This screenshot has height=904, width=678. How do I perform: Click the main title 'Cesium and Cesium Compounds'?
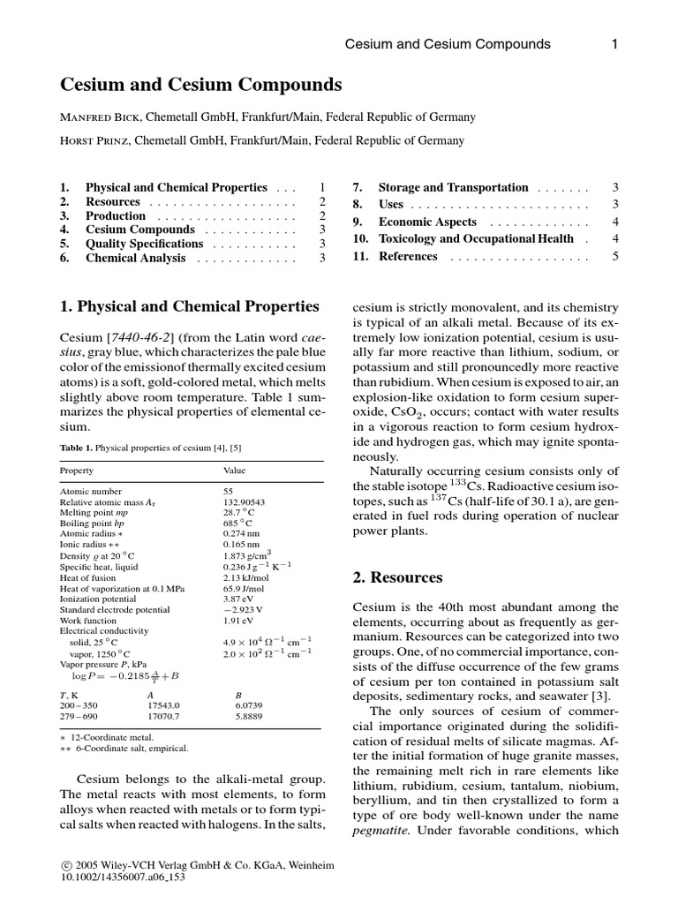200,86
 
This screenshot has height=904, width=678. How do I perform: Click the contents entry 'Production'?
115,215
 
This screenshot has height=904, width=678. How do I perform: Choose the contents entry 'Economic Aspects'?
427,222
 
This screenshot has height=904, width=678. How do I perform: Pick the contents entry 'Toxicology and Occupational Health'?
476,238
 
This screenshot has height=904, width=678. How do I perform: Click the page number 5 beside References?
615,256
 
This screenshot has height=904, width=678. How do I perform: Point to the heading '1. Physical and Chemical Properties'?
189,307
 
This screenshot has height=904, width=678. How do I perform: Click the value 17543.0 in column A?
163,705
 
